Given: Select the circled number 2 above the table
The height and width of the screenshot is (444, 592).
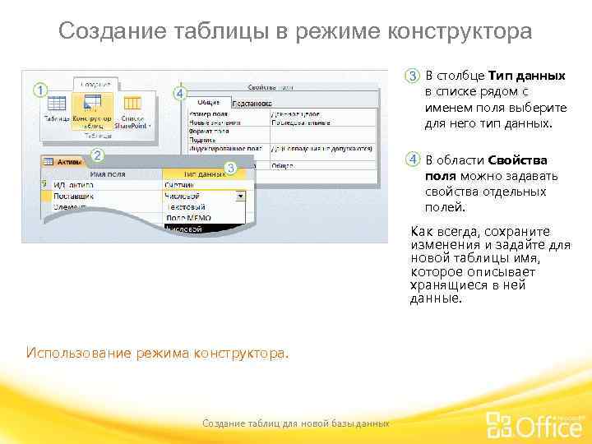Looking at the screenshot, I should (97, 155).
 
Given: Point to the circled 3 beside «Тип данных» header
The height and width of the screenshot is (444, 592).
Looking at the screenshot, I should (231, 168).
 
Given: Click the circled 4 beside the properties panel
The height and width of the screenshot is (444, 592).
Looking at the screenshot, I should (180, 93).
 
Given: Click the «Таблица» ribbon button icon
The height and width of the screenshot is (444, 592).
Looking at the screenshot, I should (56, 105).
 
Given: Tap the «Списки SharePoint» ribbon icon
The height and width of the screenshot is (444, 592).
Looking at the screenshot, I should (132, 105).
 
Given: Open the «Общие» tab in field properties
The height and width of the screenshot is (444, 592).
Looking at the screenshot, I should (208, 104).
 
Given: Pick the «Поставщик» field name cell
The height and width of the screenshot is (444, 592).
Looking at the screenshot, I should (74, 197).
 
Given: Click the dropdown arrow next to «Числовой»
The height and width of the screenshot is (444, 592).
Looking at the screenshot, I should (240, 197).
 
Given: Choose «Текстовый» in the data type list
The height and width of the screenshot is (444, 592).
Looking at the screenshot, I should (185, 207).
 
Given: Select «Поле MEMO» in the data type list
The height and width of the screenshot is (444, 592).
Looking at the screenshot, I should (188, 218).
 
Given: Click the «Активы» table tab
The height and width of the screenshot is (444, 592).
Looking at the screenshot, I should (62, 162).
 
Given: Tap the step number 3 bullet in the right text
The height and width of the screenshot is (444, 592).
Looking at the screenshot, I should (413, 76).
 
